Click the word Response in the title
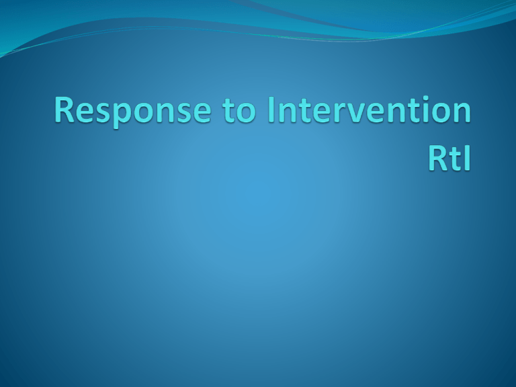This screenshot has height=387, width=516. (132, 112)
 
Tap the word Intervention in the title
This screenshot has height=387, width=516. (370, 110)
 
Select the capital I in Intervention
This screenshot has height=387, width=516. (271, 110)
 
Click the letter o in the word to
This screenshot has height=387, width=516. (247, 114)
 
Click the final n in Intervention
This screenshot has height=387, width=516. (463, 113)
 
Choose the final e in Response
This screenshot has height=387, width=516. (202, 114)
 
